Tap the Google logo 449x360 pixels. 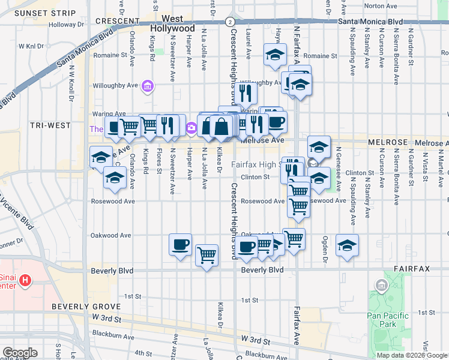19,353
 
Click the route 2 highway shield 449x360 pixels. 231,21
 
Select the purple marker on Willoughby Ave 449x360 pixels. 147,88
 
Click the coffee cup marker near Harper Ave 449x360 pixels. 181,245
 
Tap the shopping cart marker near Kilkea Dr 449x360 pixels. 207,255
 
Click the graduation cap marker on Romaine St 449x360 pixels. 275,56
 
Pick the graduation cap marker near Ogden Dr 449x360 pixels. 347,245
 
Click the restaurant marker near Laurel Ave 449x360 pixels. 245,92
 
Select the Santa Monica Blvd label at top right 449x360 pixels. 370,21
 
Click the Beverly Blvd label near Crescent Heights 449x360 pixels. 262,271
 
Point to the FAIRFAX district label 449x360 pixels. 412,269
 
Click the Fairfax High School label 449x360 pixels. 256,164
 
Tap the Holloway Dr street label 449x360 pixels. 67,25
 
